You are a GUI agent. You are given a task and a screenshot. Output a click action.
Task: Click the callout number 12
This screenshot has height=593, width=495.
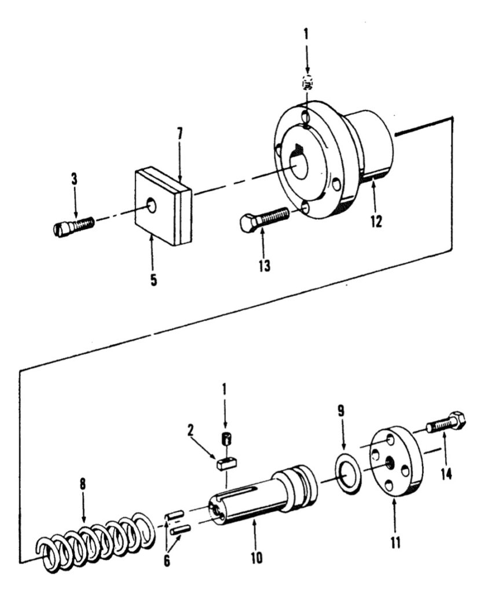376,221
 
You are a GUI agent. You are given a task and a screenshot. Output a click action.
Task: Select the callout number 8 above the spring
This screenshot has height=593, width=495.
83,484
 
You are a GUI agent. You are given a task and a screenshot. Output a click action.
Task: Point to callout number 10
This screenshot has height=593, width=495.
256,558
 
